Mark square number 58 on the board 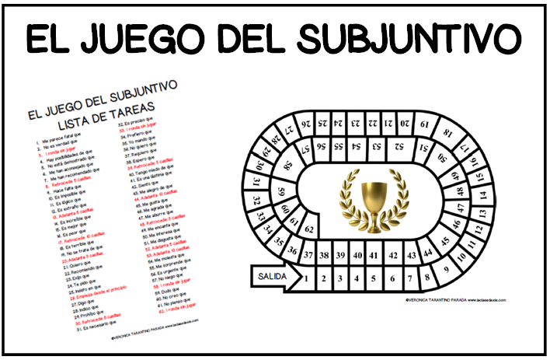(x=288, y=166)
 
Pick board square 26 (x=305, y=122)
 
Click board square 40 (x=357, y=254)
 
